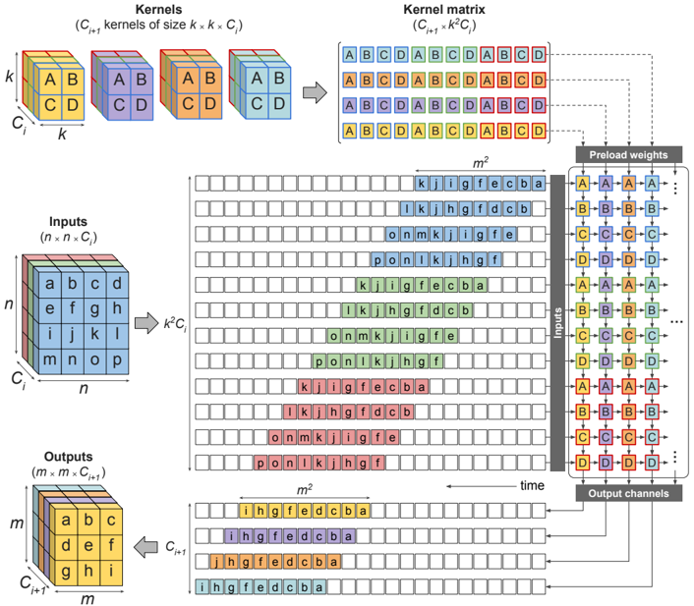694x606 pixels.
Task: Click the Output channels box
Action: pyautogui.click(x=628, y=492)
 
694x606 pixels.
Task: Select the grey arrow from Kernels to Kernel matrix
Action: pyautogui.click(x=314, y=91)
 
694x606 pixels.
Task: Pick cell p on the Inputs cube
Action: pyautogui.click(x=117, y=359)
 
